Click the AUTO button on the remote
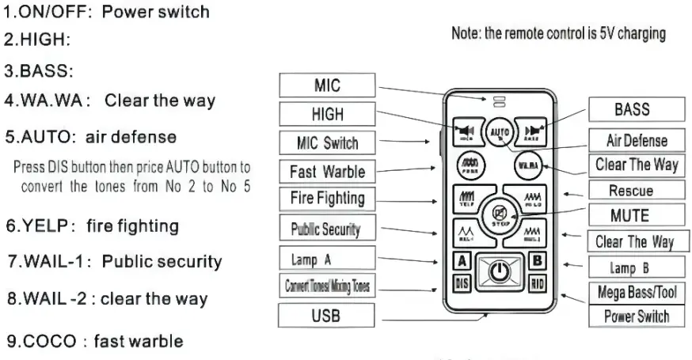click(499, 131)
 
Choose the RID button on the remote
click(536, 282)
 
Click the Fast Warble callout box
click(326, 171)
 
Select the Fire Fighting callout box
click(326, 198)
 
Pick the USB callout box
click(326, 316)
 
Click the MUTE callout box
click(630, 215)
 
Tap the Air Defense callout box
click(636, 141)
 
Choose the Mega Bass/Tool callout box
click(636, 292)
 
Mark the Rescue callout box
click(630, 191)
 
